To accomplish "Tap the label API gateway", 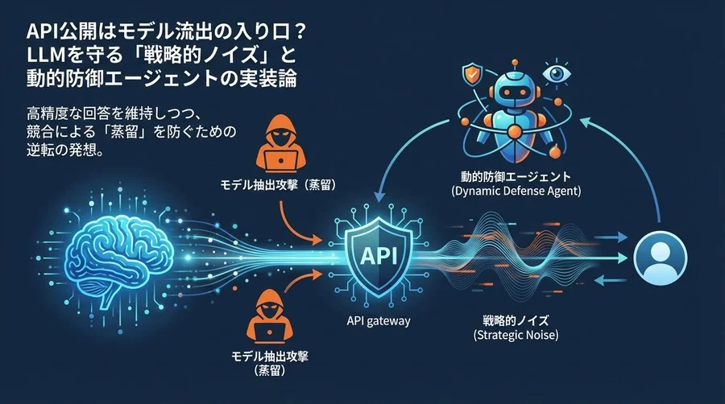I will coord(373,321).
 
